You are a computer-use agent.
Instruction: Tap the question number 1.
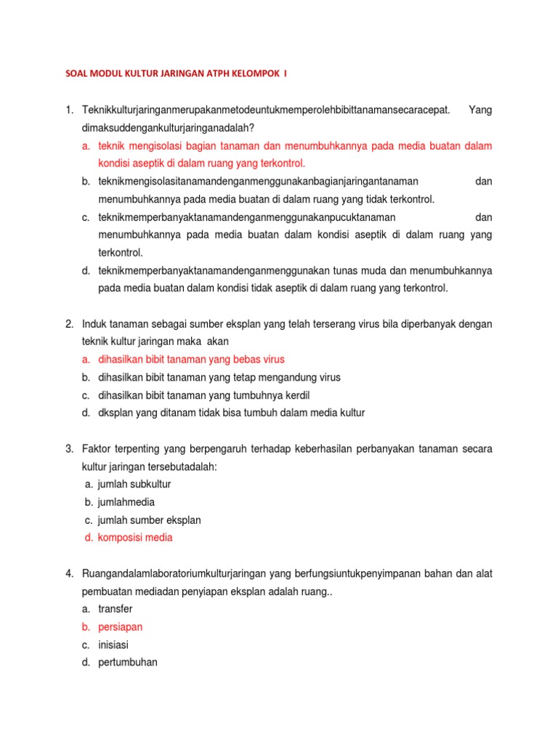pos(69,110)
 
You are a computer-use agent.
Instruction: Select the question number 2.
pos(69,323)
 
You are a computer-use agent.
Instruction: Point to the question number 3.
pos(69,449)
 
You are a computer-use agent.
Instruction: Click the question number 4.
pos(69,574)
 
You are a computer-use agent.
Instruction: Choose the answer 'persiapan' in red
pos(121,627)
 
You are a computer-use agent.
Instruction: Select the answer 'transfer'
pos(116,609)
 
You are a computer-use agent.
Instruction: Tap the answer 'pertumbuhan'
pos(128,663)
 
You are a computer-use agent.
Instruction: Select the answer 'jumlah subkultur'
pos(134,484)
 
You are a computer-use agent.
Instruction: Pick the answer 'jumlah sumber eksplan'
pos(149,520)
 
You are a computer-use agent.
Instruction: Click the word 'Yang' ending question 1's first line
pos(480,110)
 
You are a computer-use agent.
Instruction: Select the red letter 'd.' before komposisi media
pos(89,538)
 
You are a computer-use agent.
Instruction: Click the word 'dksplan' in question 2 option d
pos(115,413)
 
